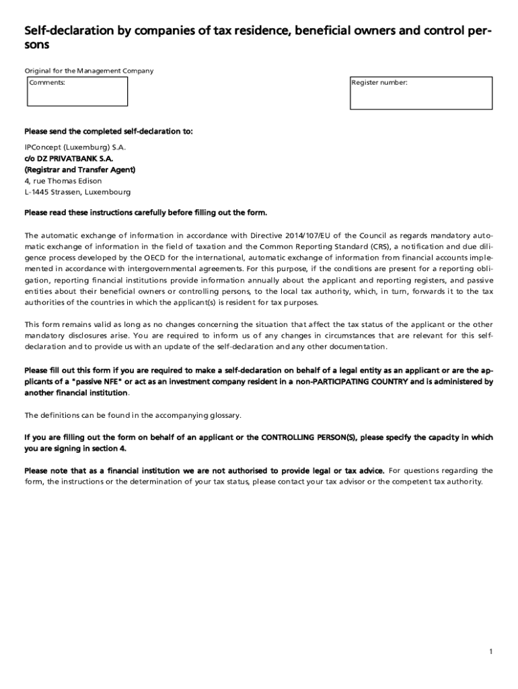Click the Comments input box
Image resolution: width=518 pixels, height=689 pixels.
click(77, 92)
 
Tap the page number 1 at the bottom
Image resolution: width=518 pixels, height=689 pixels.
click(492, 652)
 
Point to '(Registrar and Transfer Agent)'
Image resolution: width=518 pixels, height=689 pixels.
click(80, 170)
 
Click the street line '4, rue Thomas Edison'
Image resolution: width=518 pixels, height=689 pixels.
click(63, 181)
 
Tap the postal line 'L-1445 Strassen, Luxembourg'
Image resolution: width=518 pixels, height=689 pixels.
click(77, 192)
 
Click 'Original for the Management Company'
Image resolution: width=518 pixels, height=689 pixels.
click(89, 71)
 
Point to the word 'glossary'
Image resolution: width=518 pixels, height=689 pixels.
click(221, 414)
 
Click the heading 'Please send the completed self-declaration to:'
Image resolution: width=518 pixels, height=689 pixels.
click(108, 131)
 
